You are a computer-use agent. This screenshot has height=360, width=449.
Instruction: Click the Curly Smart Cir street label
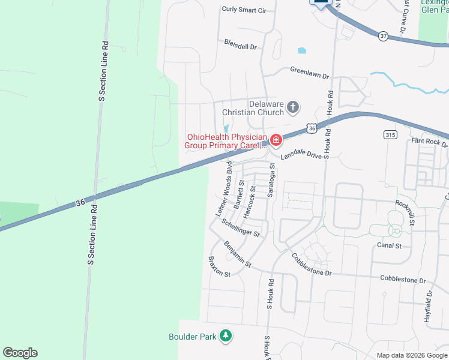point(244,10)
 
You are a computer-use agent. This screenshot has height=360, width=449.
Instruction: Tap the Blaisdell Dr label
point(240,46)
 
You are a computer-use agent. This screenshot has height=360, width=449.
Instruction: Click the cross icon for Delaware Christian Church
point(292,108)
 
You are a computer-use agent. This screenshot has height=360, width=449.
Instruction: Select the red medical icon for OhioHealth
point(276,140)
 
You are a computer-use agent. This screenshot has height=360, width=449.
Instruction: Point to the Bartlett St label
point(239,194)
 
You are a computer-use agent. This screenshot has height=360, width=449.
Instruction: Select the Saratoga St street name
point(271,179)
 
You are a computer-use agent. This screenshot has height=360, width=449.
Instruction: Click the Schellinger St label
point(240,227)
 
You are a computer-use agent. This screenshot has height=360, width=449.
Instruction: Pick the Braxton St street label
point(218,266)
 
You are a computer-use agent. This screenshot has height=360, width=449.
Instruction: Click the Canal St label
point(390,245)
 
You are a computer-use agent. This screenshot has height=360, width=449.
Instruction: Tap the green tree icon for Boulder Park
point(226,337)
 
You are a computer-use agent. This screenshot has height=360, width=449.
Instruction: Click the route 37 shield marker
point(384,36)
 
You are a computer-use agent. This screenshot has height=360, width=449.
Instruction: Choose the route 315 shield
point(390,135)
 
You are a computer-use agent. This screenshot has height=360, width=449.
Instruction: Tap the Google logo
point(20,353)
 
